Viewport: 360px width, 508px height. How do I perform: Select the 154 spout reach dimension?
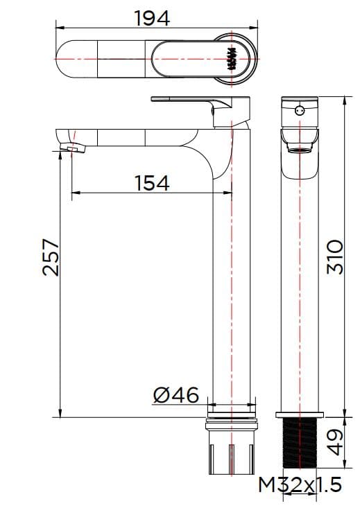151,183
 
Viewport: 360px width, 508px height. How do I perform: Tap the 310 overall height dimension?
335,256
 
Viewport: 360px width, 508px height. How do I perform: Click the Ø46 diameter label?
175,396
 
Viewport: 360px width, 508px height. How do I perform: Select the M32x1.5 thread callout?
300,485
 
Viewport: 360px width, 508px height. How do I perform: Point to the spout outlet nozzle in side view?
71,146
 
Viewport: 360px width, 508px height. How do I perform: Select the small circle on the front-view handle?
300,110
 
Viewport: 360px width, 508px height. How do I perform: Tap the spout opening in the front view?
300,148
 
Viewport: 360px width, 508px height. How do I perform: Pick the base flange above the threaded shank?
300,414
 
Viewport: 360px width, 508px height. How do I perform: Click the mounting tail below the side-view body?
231,450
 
